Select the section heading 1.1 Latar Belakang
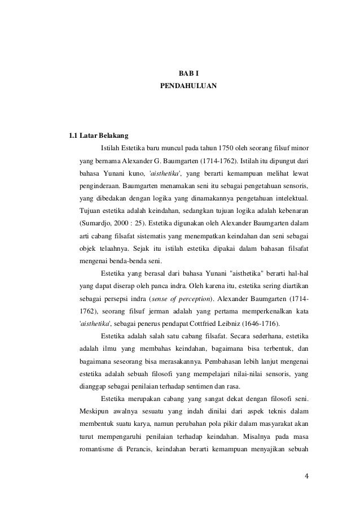98,136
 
